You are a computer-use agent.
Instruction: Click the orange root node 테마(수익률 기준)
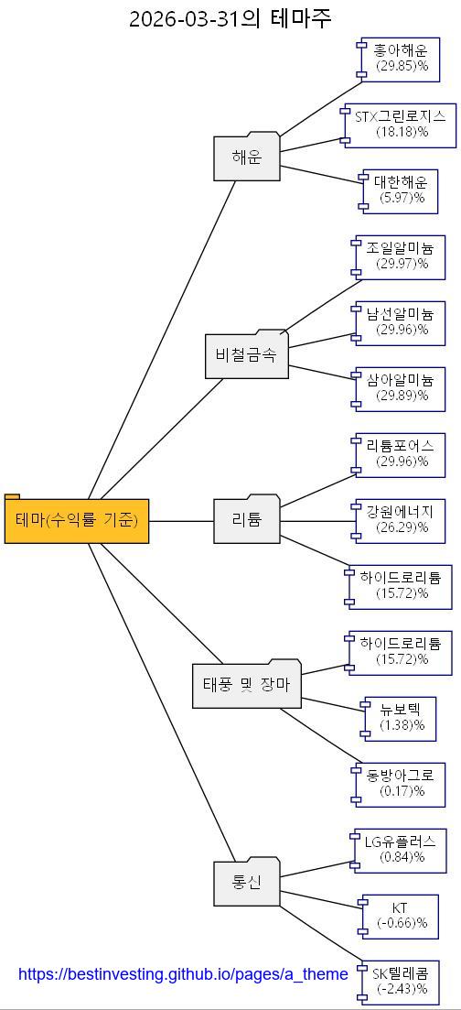coord(77,521)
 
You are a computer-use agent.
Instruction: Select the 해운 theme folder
coord(247,157)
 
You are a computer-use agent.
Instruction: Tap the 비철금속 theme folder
coord(246,355)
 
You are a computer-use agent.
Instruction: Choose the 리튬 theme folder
coord(247,520)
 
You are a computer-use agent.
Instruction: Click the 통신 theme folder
coord(247,883)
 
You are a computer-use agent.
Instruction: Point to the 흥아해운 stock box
coord(401,59)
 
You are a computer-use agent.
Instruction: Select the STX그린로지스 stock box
coord(401,125)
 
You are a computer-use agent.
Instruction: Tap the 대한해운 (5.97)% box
coord(401,190)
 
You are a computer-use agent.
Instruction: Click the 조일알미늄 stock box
coord(401,256)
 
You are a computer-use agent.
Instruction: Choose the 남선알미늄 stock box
coord(401,322)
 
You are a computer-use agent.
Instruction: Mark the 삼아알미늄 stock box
coord(401,388)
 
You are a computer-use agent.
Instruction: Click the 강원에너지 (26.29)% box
coord(401,520)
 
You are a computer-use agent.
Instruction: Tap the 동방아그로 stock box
coord(401,784)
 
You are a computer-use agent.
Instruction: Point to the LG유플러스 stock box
coord(401,850)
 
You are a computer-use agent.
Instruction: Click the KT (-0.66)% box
coord(401,916)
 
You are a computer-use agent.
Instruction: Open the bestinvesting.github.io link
coord(183,974)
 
